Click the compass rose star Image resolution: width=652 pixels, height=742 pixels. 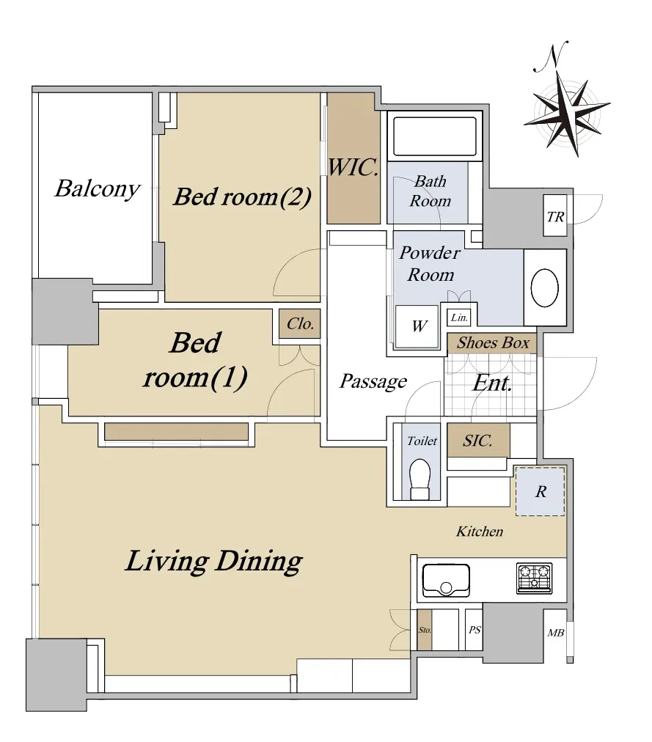click(566, 114)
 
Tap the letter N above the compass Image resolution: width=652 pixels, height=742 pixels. click(550, 57)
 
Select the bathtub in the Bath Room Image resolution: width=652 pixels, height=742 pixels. click(435, 136)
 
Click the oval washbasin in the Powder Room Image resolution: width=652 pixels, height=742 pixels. click(544, 287)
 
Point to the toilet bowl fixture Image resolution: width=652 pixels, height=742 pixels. click(420, 479)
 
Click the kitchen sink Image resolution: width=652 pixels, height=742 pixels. click(446, 580)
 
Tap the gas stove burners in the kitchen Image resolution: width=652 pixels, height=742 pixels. click(535, 578)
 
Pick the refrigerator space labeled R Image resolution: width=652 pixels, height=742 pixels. click(541, 492)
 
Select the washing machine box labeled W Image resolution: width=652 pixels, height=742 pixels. click(417, 326)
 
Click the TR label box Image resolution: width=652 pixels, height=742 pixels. click(555, 216)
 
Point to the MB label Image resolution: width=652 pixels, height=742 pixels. click(555, 633)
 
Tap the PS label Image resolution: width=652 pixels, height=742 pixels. click(475, 630)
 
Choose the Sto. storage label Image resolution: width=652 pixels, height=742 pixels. click(425, 630)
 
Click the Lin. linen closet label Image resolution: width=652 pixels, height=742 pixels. click(459, 317)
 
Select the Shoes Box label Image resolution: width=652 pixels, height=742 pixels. click(493, 342)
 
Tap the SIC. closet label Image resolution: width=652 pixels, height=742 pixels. click(477, 441)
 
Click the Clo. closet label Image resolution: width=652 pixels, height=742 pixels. click(300, 323)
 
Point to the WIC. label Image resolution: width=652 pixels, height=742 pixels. click(354, 167)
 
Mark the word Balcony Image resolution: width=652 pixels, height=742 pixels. click(98, 189)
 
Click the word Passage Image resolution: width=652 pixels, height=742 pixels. click(373, 381)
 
